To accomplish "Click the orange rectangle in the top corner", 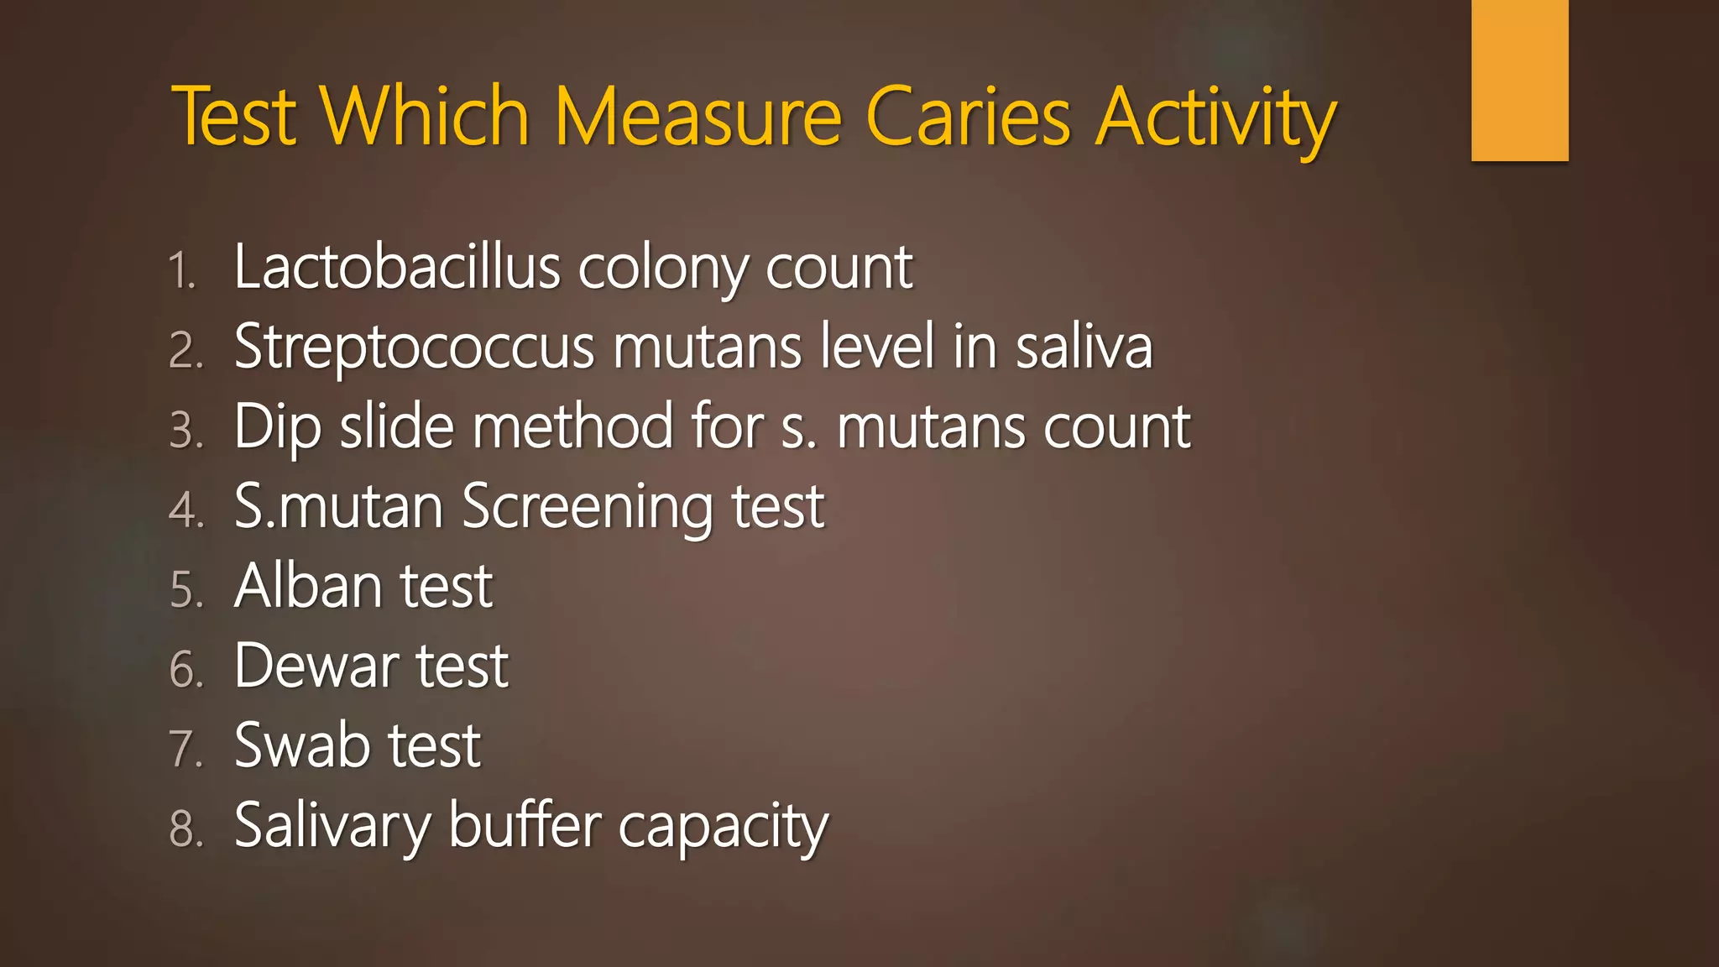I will pyautogui.click(x=1519, y=80).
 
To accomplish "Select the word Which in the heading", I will pyautogui.click(x=425, y=117).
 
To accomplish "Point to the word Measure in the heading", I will pyautogui.click(x=698, y=117).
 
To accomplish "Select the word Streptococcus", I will pyautogui.click(x=414, y=348).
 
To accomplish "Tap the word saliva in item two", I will pyautogui.click(x=1084, y=347).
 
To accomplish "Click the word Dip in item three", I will pyautogui.click(x=277, y=427).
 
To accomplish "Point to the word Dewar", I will pyautogui.click(x=316, y=666).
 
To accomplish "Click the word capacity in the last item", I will pyautogui.click(x=724, y=828).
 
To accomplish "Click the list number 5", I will pyautogui.click(x=186, y=589).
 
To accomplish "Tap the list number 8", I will pyautogui.click(x=186, y=828).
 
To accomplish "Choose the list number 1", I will pyautogui.click(x=182, y=271).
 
